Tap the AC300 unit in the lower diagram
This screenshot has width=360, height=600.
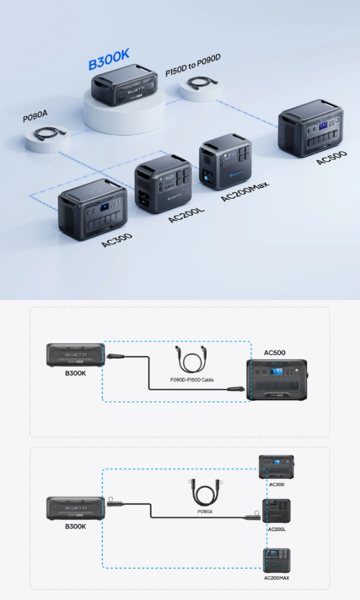click(x=276, y=467)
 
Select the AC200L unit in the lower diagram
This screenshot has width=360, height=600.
click(x=276, y=511)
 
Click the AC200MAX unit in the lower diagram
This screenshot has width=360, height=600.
click(x=277, y=560)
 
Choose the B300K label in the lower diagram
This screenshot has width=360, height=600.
click(x=75, y=526)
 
